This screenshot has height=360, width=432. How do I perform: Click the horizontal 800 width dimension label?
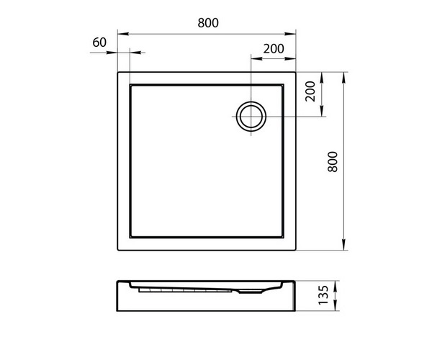click(208, 23)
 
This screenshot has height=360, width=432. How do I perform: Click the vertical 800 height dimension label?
click(333, 162)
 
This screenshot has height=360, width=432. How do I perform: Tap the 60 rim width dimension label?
click(99, 42)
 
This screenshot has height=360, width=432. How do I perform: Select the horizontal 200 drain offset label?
click(274, 49)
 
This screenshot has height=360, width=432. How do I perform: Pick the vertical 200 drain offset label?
click(310, 91)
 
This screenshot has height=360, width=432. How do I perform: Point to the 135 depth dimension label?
click(324, 295)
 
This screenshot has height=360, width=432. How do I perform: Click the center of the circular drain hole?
click(251, 117)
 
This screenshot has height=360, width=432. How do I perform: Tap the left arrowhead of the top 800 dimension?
click(123, 34)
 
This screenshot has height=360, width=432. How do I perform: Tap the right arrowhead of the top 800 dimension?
click(290, 34)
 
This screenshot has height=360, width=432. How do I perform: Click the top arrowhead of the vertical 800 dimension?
click(343, 78)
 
